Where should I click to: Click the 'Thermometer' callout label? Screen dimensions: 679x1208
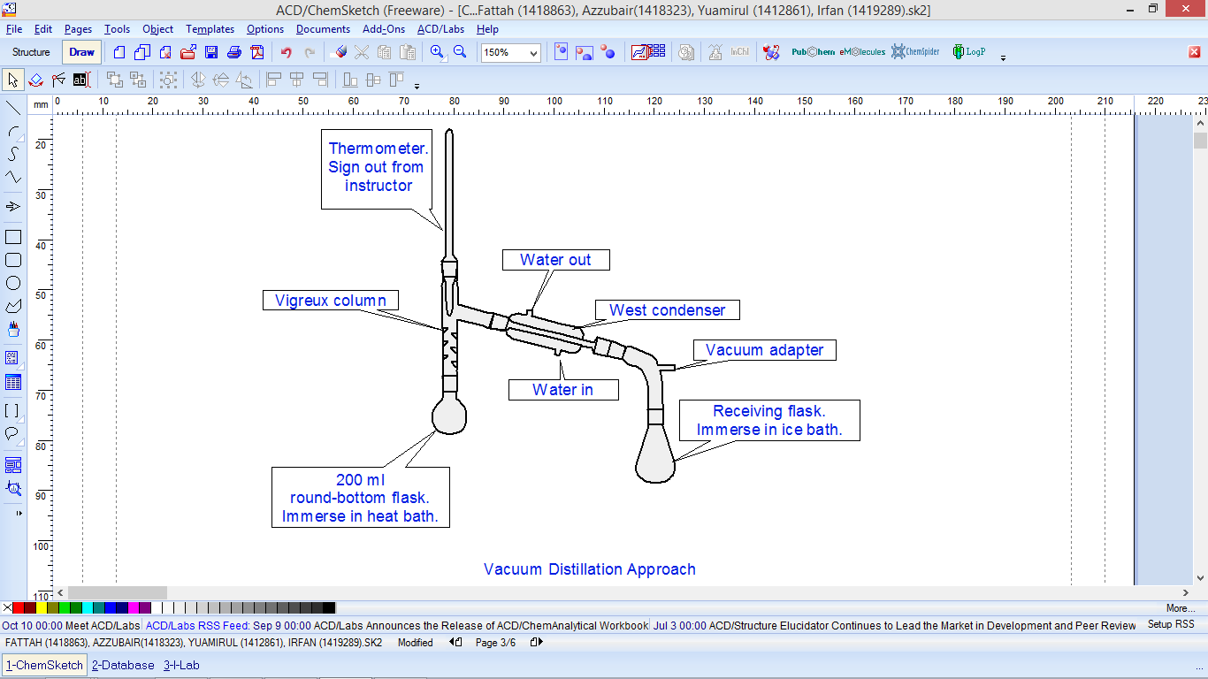point(378,167)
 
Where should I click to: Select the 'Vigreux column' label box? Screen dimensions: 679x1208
point(330,301)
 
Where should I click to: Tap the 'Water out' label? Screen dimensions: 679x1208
point(555,260)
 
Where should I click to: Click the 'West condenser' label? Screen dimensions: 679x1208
point(667,310)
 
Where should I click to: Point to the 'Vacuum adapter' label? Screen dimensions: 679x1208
point(764,350)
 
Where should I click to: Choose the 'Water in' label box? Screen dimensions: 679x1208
point(562,390)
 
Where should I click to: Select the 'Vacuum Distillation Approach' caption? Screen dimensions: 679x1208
point(589,569)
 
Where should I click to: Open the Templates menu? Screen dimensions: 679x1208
point(210,29)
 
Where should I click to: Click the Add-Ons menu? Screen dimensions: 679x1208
point(383,29)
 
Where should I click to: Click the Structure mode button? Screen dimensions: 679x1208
point(31,52)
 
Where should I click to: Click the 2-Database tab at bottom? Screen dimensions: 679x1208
point(123,665)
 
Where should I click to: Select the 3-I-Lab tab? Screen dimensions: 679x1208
point(181,665)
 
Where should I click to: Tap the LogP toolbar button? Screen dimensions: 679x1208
point(968,52)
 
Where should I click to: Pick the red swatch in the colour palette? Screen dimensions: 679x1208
point(19,608)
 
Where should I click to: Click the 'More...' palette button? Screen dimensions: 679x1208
point(1180,608)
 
